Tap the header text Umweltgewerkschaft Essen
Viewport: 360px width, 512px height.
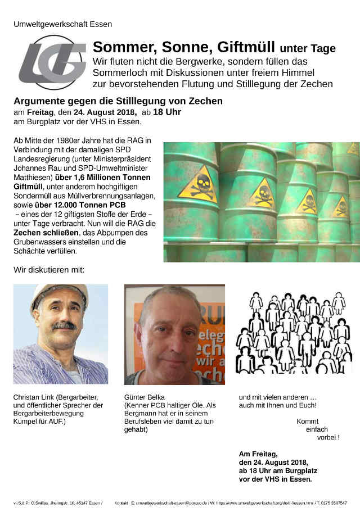(x=63, y=24)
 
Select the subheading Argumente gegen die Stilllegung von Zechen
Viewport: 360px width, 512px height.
(x=118, y=101)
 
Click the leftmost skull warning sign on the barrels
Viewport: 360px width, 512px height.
(x=197, y=184)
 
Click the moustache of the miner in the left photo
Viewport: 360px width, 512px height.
(x=64, y=326)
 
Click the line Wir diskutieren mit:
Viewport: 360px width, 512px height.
(x=49, y=270)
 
